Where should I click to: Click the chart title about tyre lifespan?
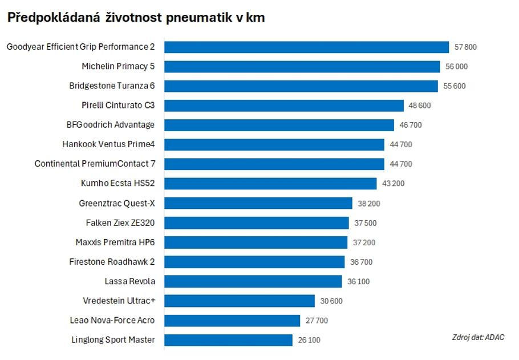[136, 18]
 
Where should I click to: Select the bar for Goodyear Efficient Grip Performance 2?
[307, 47]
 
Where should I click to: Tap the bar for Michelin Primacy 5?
[302, 66]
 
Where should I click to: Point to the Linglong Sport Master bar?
[228, 340]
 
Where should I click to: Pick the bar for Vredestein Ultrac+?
[240, 301]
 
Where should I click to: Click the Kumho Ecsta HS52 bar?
[270, 184]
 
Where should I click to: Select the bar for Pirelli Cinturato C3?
[284, 106]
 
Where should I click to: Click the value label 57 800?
[465, 47]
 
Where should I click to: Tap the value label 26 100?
[309, 341]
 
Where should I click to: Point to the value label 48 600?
[420, 106]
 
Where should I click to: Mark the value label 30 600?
[331, 301]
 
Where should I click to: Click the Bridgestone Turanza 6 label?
[112, 86]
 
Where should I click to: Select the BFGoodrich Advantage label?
[111, 125]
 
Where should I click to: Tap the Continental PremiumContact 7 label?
[95, 164]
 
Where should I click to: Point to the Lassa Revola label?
[129, 281]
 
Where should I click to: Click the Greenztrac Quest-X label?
[117, 203]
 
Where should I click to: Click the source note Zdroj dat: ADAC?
[477, 337]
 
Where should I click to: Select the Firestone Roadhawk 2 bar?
[254, 262]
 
